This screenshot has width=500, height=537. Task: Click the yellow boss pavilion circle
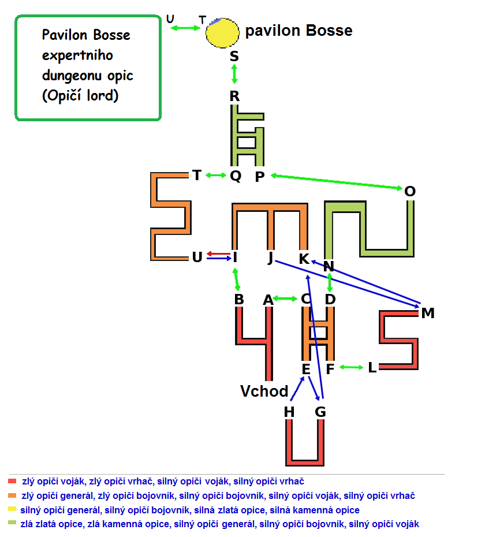[222, 32]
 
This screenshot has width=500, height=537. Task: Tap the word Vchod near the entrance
[264, 391]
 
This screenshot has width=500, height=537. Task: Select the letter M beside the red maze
[428, 313]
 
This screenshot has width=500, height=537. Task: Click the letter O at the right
[410, 191]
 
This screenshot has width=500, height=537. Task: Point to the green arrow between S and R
[234, 74]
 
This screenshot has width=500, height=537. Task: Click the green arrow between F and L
[351, 367]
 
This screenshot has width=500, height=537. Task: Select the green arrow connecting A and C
[285, 299]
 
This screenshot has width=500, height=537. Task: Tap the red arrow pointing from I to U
[219, 253]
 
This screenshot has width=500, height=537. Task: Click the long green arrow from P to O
[336, 181]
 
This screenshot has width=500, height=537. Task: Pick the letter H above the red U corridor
[289, 412]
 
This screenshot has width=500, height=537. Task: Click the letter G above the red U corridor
[320, 412]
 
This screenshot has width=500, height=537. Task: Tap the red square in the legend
[12, 481]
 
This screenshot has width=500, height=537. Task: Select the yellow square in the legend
[12, 509]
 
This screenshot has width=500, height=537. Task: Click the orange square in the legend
[12, 495]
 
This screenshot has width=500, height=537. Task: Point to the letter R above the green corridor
[234, 96]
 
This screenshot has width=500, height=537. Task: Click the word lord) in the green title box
[103, 95]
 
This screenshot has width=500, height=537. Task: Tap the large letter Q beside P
[236, 176]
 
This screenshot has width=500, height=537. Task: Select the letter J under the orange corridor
[271, 258]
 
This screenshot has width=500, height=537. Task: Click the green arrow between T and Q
[216, 176]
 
